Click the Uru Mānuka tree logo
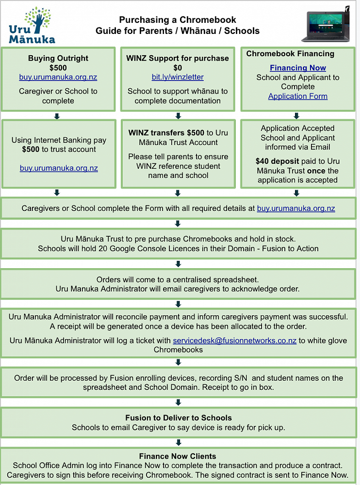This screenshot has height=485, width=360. pyautogui.click(x=32, y=25)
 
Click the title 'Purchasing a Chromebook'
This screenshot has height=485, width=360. pyautogui.click(x=178, y=20)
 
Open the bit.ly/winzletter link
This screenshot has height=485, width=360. pyautogui.click(x=178, y=77)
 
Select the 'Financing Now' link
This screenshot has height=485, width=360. pyautogui.click(x=298, y=68)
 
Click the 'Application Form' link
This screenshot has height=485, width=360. pyautogui.click(x=298, y=96)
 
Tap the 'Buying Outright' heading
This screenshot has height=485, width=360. pyautogui.click(x=58, y=58)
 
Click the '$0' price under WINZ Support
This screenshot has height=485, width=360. pyautogui.click(x=178, y=68)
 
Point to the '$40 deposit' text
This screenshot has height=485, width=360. pyautogui.click(x=274, y=162)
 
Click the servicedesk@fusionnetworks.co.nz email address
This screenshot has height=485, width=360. pyautogui.click(x=235, y=340)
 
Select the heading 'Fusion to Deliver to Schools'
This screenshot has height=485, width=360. pyautogui.click(x=179, y=418)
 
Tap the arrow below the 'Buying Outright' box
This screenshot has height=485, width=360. pyautogui.click(x=57, y=116)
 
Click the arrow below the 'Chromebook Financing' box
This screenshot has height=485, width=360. pyautogui.click(x=296, y=116)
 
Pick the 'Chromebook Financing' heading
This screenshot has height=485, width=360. pyautogui.click(x=290, y=54)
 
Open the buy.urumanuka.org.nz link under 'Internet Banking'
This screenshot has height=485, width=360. pyautogui.click(x=59, y=168)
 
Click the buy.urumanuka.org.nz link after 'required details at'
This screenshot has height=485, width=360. pyautogui.click(x=296, y=209)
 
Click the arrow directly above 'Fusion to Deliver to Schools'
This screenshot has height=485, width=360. pyautogui.click(x=178, y=402)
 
